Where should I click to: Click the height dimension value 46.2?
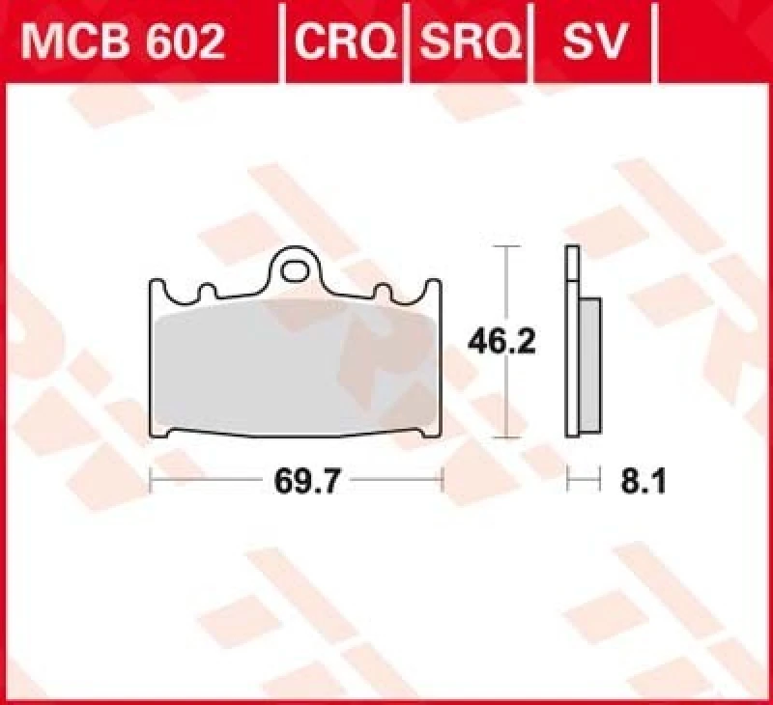(x=501, y=342)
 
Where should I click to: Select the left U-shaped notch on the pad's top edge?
(x=206, y=291)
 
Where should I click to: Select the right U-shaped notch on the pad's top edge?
(x=383, y=291)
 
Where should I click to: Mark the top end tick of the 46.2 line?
(x=501, y=248)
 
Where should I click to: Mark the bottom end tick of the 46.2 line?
(x=501, y=437)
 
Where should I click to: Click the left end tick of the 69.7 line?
(x=150, y=480)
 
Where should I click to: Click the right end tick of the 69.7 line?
(x=442, y=480)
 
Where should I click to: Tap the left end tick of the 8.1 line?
(x=568, y=480)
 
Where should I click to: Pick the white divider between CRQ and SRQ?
(x=408, y=41)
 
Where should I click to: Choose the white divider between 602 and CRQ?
(x=281, y=41)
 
